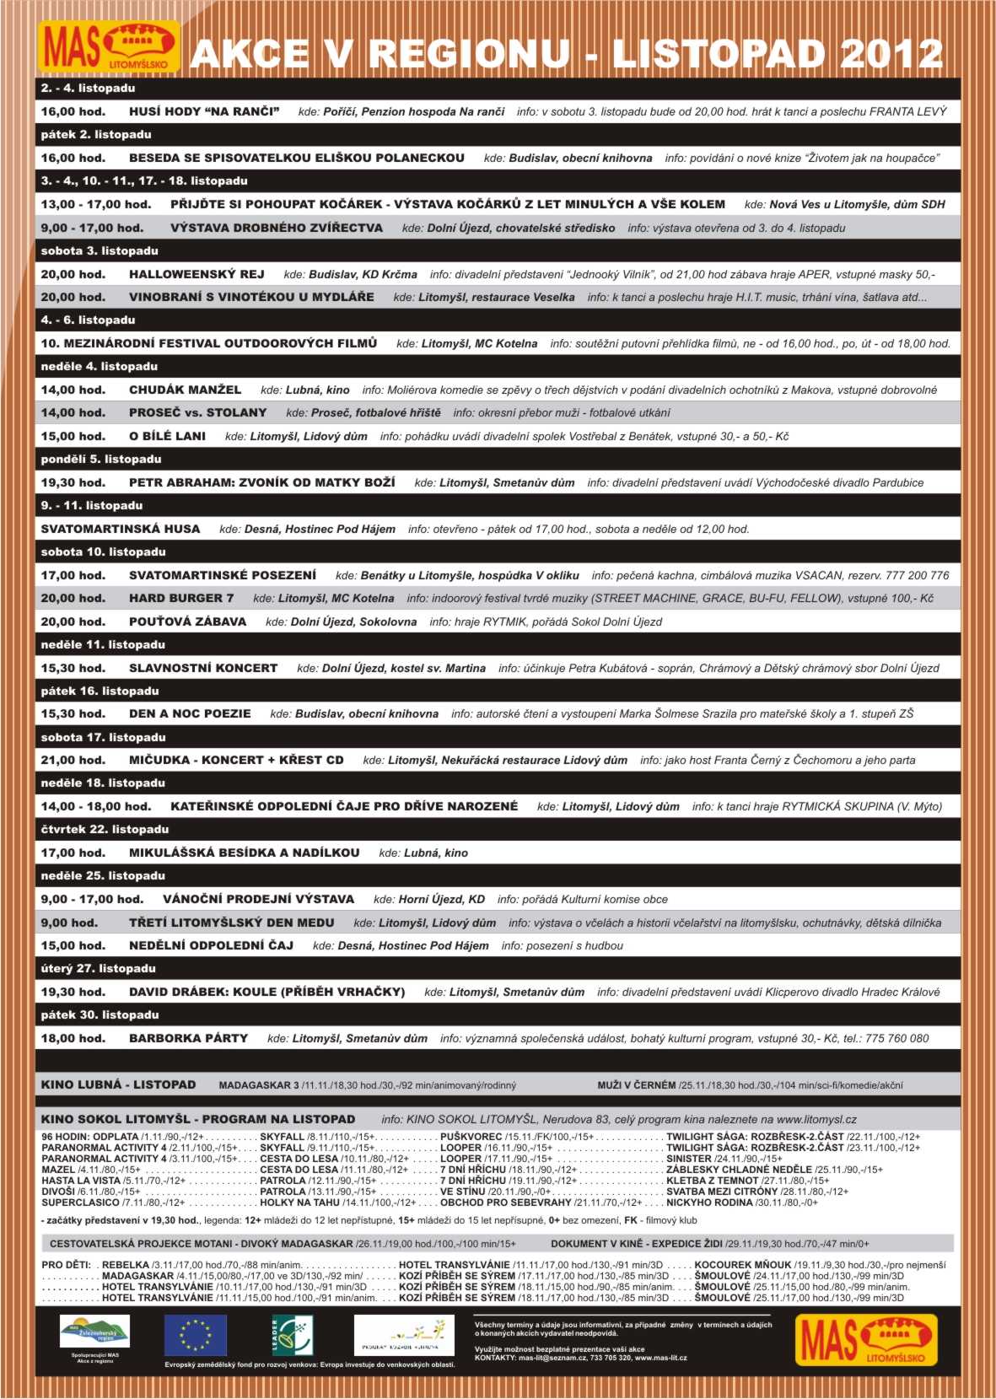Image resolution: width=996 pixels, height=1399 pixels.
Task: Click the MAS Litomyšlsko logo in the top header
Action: [x=109, y=47]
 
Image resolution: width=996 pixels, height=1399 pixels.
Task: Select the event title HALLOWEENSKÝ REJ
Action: [x=197, y=274]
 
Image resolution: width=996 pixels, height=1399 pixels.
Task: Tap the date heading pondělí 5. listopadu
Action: [x=101, y=460]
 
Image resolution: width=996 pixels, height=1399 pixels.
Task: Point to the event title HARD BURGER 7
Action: [x=181, y=598]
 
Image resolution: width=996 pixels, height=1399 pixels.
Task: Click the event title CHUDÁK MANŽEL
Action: [x=185, y=390]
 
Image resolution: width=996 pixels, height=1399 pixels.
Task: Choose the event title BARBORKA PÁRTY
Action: [x=188, y=1038]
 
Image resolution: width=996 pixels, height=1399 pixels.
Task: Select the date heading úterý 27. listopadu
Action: [x=99, y=969]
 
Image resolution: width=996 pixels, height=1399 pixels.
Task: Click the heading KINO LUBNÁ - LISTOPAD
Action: [x=118, y=1084]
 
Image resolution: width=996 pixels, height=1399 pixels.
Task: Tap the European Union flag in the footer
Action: [x=196, y=1335]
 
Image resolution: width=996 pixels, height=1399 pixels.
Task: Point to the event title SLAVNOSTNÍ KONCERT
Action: [x=203, y=668]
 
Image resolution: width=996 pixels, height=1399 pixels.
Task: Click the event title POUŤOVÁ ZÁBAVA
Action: [x=187, y=621]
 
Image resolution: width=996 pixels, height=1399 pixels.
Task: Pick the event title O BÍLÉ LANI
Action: [x=167, y=436]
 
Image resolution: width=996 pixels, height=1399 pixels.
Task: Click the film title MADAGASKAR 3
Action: [x=259, y=1085]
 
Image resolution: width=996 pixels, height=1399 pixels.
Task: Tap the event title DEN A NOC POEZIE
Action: [x=190, y=713]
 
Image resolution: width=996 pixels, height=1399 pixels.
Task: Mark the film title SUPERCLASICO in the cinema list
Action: [x=81, y=1203]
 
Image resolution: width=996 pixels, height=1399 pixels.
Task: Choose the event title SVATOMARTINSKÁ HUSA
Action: [x=121, y=529]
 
